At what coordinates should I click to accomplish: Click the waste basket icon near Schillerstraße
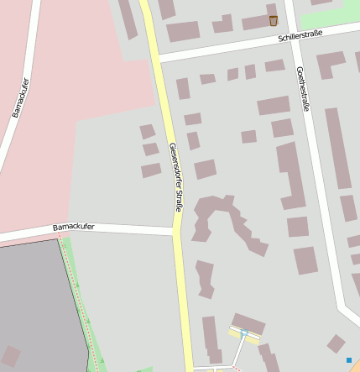pos(274,20)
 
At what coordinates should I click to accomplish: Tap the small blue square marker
pos(349,360)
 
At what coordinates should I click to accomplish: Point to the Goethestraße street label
pos(303,89)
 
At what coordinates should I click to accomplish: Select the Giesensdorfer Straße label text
pos(175,177)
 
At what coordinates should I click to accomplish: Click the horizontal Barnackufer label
pos(74,227)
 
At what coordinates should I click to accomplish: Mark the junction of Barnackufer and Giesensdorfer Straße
pos(177,230)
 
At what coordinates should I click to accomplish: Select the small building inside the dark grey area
pos(11,356)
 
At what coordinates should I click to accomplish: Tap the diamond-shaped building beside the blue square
pos(337,343)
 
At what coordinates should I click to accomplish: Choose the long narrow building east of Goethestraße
pos(337,147)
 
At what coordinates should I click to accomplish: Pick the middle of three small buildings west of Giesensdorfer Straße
pos(151,149)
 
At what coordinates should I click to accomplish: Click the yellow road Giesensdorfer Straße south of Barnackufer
pos(182,302)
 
